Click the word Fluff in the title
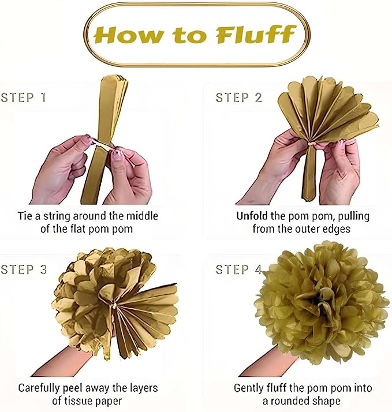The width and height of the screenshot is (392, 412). pos(255,35)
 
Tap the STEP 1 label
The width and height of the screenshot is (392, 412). pos(24,97)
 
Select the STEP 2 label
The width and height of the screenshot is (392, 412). pos(239,97)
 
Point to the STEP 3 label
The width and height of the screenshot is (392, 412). pos(24,269)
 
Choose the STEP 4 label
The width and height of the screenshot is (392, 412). pos(238,269)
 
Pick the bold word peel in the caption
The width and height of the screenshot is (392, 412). pos(73,388)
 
